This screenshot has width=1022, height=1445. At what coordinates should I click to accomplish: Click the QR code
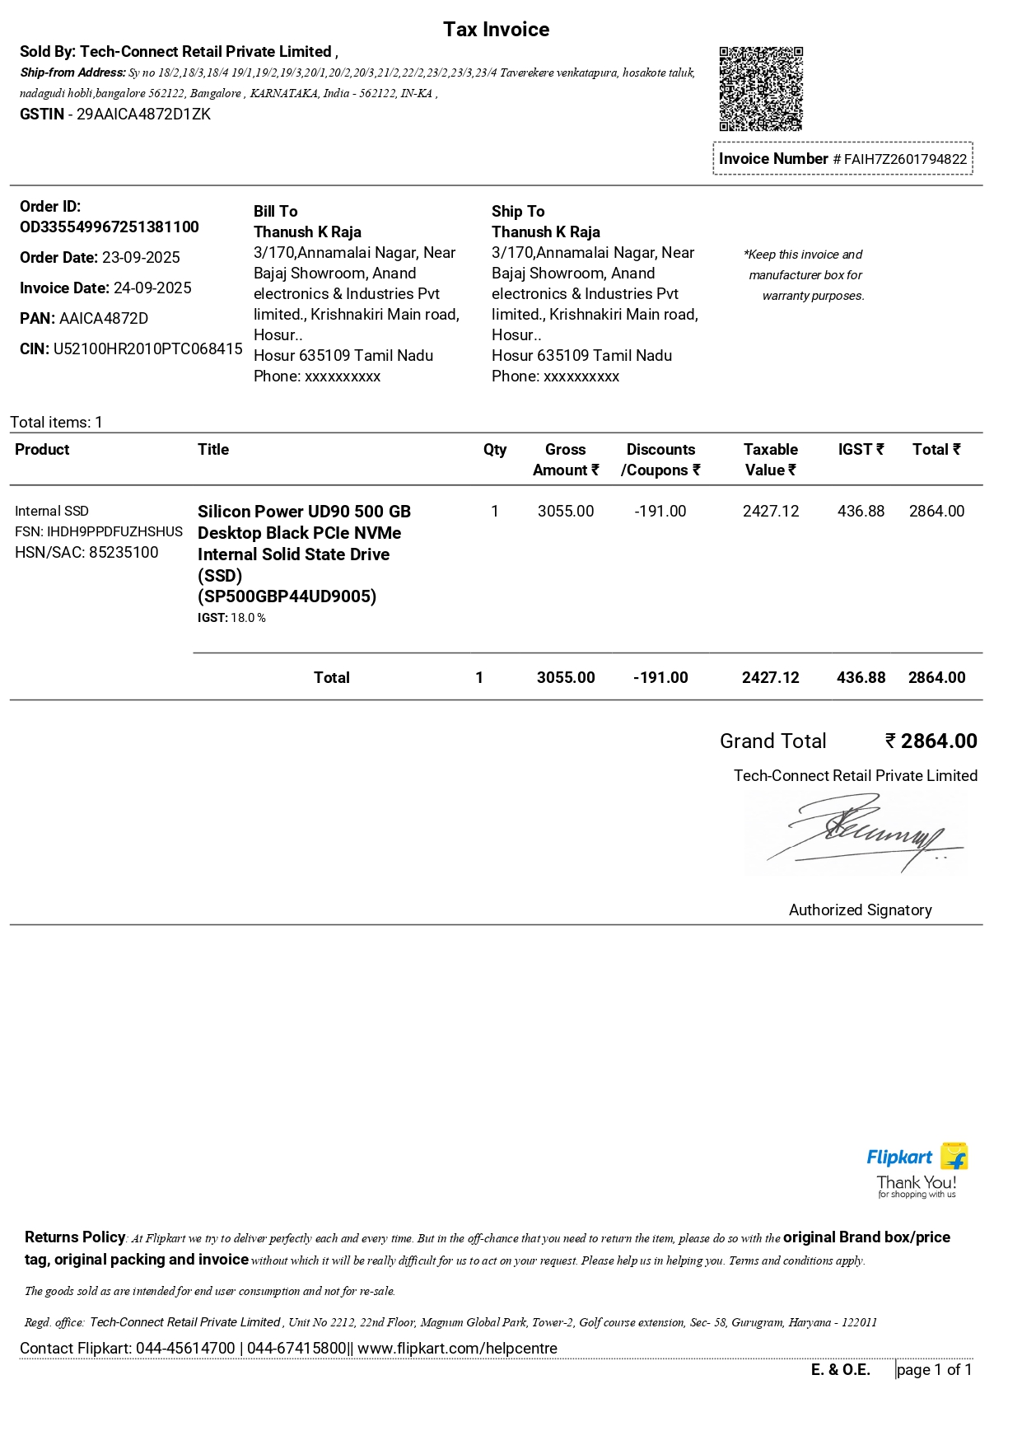coord(761,89)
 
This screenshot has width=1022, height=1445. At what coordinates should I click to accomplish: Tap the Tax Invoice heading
coord(496,30)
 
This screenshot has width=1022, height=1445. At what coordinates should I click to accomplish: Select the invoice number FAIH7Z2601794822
coord(905,159)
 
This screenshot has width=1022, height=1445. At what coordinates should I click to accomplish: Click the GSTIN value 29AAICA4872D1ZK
coord(143,115)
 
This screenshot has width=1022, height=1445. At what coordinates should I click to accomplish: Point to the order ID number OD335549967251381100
coord(110,227)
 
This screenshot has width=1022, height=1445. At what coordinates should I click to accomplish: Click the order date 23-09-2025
coord(141,258)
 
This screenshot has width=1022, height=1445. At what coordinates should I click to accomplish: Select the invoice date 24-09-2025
coord(152,288)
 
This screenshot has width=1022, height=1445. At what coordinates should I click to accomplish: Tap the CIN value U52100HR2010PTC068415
coord(147,349)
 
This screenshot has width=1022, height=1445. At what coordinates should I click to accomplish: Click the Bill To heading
coord(275,212)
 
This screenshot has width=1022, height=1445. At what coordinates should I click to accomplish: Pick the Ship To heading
coord(518,212)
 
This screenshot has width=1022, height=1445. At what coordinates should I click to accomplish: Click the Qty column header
coord(495,450)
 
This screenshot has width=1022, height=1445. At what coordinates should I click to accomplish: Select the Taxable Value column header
coord(771,460)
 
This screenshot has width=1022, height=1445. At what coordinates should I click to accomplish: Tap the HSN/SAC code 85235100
coord(124,553)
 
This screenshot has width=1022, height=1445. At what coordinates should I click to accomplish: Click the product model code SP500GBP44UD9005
coord(287,596)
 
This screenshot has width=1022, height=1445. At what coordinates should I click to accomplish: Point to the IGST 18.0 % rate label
coord(231,618)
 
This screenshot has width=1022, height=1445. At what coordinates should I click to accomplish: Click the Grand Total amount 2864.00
coord(938,741)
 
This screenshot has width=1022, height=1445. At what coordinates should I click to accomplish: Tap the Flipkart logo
coord(916,1157)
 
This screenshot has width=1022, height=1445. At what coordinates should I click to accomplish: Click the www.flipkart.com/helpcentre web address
coord(457,1349)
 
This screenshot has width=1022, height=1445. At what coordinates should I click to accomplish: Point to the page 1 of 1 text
coord(934,1370)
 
